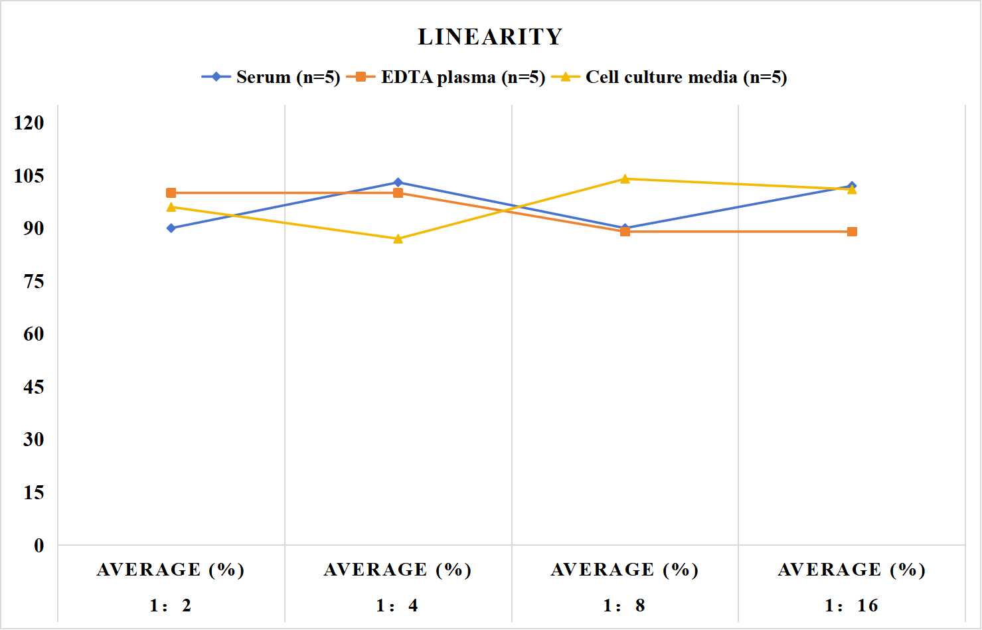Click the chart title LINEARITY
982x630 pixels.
coord(490,37)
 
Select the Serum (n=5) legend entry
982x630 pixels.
coord(271,77)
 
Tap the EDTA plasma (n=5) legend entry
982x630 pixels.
coord(446,77)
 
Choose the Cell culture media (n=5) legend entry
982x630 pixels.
coord(669,77)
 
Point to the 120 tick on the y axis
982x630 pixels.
coord(29,123)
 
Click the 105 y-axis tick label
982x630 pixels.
coord(29,176)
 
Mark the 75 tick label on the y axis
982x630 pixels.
coord(34,281)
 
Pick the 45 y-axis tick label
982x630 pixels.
coord(34,387)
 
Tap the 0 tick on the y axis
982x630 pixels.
coord(39,546)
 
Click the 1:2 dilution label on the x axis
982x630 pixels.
coord(171,605)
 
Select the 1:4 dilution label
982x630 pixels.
coord(397,605)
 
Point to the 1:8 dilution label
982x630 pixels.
coord(624,605)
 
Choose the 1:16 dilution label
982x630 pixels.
coord(851,605)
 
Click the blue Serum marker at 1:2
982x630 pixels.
coord(171,228)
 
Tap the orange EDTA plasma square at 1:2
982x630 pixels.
coord(171,193)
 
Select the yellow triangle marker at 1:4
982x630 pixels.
coord(398,239)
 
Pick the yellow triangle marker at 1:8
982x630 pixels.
coord(625,179)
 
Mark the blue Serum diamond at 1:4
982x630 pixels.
coord(398,182)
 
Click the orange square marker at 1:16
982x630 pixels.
coord(852,232)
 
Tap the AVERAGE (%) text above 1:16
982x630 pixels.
coord(851,570)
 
